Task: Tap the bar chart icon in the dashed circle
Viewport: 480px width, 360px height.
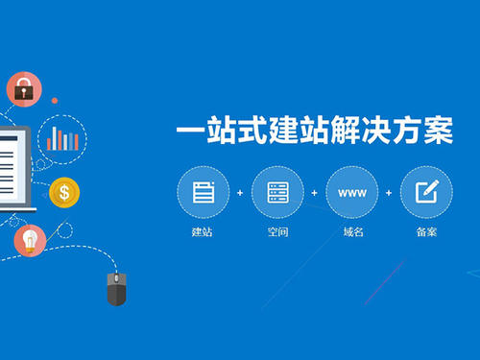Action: coord(64,139)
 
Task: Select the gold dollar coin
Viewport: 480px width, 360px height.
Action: coord(64,193)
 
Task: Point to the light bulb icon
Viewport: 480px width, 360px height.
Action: coord(30,239)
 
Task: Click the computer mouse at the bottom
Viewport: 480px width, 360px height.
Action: coord(115,287)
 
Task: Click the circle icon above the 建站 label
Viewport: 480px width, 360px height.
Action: coord(203,192)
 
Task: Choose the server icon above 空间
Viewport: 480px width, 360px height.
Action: coord(277,192)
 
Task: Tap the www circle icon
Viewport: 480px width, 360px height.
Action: coord(351,192)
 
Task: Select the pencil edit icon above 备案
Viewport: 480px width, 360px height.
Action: coord(426,192)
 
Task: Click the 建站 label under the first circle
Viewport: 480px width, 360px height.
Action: coord(203,233)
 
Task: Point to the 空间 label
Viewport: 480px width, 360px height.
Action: coord(277,233)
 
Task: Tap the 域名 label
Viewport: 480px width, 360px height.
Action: coord(351,233)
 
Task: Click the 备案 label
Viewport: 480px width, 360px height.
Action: coord(426,233)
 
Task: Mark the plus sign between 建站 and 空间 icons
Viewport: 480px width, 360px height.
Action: coord(240,193)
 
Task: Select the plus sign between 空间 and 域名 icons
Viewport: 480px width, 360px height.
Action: coord(314,193)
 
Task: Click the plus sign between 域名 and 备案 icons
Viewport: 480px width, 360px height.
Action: coord(389,193)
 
